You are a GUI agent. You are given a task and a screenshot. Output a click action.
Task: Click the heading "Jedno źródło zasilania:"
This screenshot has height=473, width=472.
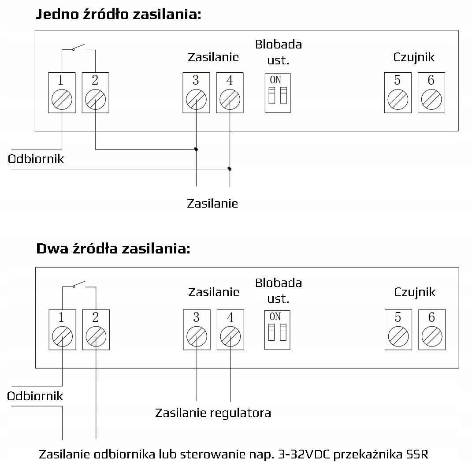point(118,14)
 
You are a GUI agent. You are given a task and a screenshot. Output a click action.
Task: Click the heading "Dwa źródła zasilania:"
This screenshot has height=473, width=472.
point(113,249)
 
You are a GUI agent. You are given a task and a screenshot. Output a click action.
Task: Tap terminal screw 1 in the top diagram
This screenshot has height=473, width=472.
point(62,100)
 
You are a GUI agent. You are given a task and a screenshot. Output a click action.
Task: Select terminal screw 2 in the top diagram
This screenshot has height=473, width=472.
point(95,100)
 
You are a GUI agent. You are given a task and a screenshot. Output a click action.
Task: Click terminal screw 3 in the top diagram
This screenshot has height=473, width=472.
point(196,100)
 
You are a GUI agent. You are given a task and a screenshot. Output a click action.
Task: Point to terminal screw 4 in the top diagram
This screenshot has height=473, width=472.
point(230,100)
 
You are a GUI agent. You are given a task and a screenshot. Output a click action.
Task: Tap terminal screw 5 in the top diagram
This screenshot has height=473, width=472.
point(398,100)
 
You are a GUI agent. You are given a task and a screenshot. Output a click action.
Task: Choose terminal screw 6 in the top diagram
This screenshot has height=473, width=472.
point(431,100)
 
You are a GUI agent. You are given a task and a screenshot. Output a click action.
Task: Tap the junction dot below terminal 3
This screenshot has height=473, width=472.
point(196,149)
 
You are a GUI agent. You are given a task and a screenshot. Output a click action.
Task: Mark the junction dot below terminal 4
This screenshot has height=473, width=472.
point(230,169)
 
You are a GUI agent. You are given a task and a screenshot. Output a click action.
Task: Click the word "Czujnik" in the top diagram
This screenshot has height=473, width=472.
point(414,57)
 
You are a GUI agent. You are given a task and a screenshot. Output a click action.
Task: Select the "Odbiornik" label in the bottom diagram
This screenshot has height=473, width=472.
point(35,396)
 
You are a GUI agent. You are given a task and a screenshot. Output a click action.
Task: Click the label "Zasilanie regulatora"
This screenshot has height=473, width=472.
point(213,413)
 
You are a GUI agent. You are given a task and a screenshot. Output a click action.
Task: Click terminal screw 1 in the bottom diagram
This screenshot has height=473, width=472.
point(62,337)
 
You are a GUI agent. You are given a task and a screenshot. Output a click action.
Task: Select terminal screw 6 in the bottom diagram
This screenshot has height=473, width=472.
point(431,337)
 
